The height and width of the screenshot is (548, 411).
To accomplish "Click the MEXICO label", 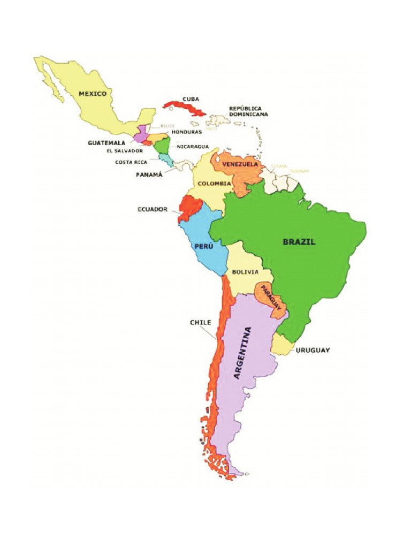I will [93, 94].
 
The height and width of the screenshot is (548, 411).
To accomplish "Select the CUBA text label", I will [191, 99].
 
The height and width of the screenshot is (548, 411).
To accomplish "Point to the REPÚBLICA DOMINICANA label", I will [248, 111].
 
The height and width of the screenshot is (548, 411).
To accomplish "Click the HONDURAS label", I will [186, 132].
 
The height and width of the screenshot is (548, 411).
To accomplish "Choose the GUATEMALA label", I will [106, 143].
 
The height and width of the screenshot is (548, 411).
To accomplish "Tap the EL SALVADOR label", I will [125, 151].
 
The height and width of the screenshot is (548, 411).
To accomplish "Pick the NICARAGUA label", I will [193, 146].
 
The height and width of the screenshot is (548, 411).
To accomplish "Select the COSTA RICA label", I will [131, 162].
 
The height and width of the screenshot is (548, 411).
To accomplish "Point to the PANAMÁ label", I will [148, 174].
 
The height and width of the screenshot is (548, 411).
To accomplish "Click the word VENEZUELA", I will [240, 164].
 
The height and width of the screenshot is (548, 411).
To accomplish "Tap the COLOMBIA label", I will [214, 184].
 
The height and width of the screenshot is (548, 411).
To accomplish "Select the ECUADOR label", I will [153, 209].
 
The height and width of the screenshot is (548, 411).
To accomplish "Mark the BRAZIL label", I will [299, 241].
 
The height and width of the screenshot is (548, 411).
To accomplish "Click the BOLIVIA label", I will [245, 272].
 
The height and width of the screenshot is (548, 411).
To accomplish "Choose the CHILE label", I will [200, 323].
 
